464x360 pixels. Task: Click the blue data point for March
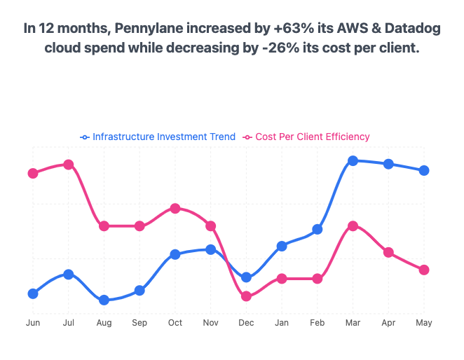tap(353, 160)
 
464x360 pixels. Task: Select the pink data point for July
tap(68, 165)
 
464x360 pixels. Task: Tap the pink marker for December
tap(246, 296)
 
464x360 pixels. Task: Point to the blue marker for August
tap(104, 300)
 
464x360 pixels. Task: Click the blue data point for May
tap(424, 170)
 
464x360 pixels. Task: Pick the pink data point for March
tap(353, 226)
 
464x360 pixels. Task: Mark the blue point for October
tap(175, 254)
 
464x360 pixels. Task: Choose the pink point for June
tap(32, 173)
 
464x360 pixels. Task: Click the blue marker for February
tap(317, 229)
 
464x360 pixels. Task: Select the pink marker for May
tap(424, 270)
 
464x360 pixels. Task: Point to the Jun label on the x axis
tap(32, 323)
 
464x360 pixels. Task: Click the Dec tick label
tap(246, 323)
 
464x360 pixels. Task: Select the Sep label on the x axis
tap(139, 323)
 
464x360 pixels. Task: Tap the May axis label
tap(424, 323)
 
